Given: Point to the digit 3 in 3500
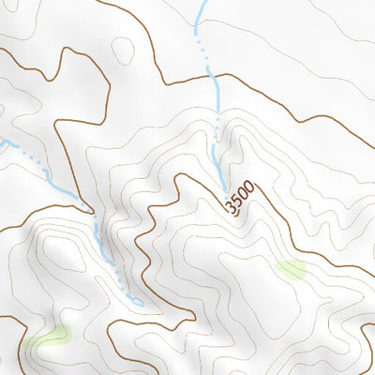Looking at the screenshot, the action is click(231, 207).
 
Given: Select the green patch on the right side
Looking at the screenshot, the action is click(292, 269).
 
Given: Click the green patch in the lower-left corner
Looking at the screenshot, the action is click(49, 337).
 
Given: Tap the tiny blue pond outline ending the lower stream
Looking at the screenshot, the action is click(136, 302).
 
